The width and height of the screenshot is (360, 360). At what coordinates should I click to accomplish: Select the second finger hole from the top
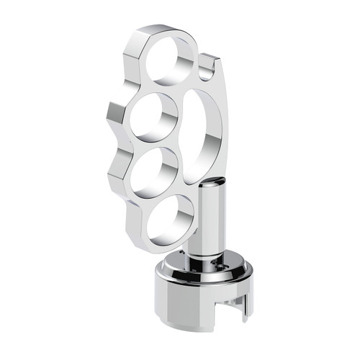tap(153, 117)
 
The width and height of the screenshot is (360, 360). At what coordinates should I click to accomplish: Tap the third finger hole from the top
tap(153, 171)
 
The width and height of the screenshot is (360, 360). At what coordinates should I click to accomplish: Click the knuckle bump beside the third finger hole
tap(115, 173)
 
